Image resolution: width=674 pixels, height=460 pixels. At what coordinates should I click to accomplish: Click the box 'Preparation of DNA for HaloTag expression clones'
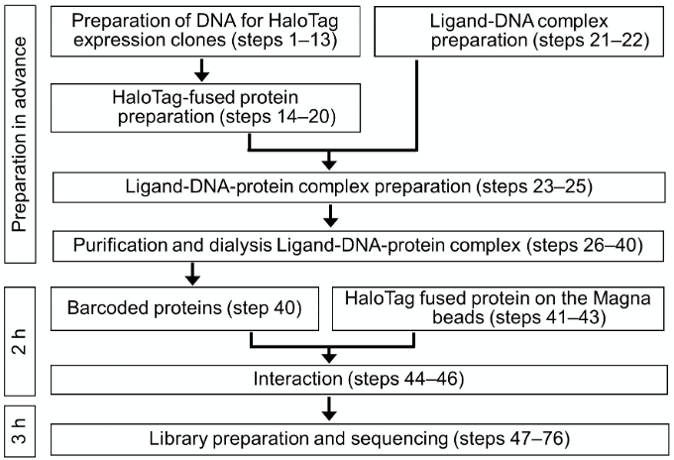205,31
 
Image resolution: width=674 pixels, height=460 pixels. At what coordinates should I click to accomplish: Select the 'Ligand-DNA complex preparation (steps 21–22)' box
519,31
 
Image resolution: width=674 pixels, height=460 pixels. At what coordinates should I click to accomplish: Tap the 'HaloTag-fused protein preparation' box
205,107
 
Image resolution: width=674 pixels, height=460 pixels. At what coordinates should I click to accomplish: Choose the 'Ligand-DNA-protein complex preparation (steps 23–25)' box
359,187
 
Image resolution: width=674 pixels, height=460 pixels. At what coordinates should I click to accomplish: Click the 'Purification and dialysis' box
358,246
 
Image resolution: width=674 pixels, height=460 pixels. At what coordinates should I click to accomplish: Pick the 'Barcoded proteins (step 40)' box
184,308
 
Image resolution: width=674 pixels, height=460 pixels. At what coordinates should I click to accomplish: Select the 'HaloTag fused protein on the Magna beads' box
499,308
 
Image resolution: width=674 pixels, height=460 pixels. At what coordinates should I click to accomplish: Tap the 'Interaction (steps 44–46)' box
359,379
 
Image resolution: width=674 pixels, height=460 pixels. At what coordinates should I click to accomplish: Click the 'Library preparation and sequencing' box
360,439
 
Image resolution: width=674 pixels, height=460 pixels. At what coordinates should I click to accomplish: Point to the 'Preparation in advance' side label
20,134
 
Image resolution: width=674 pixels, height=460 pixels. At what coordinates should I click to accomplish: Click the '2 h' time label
20,341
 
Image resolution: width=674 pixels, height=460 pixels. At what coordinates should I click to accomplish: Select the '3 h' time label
20,431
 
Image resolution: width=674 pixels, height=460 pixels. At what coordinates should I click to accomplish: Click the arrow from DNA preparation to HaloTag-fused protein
201,70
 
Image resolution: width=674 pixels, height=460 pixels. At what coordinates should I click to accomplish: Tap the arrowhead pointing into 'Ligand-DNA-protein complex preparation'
329,165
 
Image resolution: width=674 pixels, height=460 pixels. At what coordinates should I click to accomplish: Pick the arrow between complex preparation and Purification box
330,216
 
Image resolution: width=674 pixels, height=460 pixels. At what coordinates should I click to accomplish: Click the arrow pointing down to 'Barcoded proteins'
192,274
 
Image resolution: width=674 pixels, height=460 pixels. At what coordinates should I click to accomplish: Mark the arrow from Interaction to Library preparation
329,408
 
